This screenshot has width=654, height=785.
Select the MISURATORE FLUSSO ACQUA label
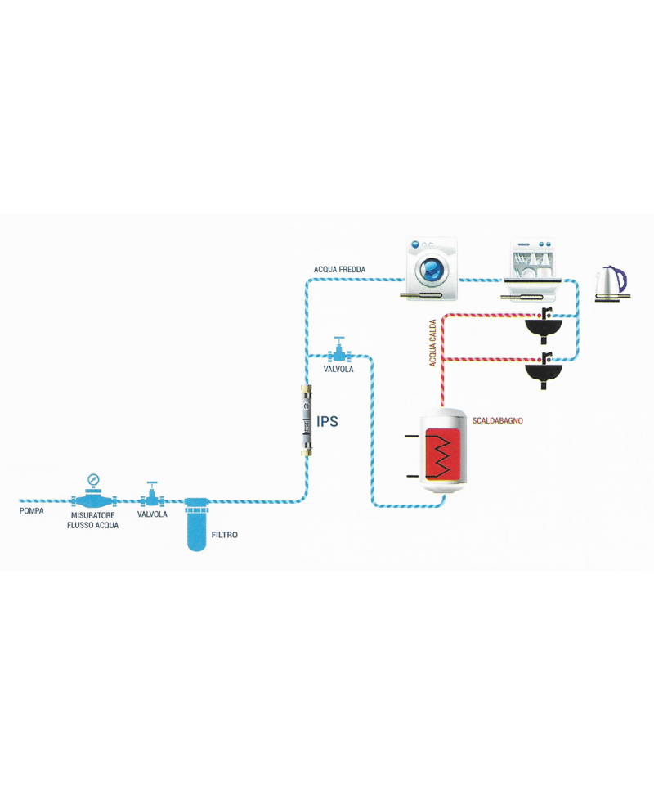[x=92, y=520]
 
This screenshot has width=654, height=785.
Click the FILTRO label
[x=225, y=535]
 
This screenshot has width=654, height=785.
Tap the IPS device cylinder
[x=307, y=421]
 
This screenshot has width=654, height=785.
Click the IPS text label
[x=327, y=423]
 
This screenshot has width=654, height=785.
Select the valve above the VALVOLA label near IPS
[x=338, y=352]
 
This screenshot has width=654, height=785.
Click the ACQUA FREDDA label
[x=339, y=269]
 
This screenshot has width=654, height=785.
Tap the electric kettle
[x=611, y=283]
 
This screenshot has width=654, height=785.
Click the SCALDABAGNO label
[x=498, y=421]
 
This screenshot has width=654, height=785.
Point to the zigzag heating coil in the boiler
[x=443, y=456]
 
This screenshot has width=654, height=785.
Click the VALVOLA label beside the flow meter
[x=153, y=515]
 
